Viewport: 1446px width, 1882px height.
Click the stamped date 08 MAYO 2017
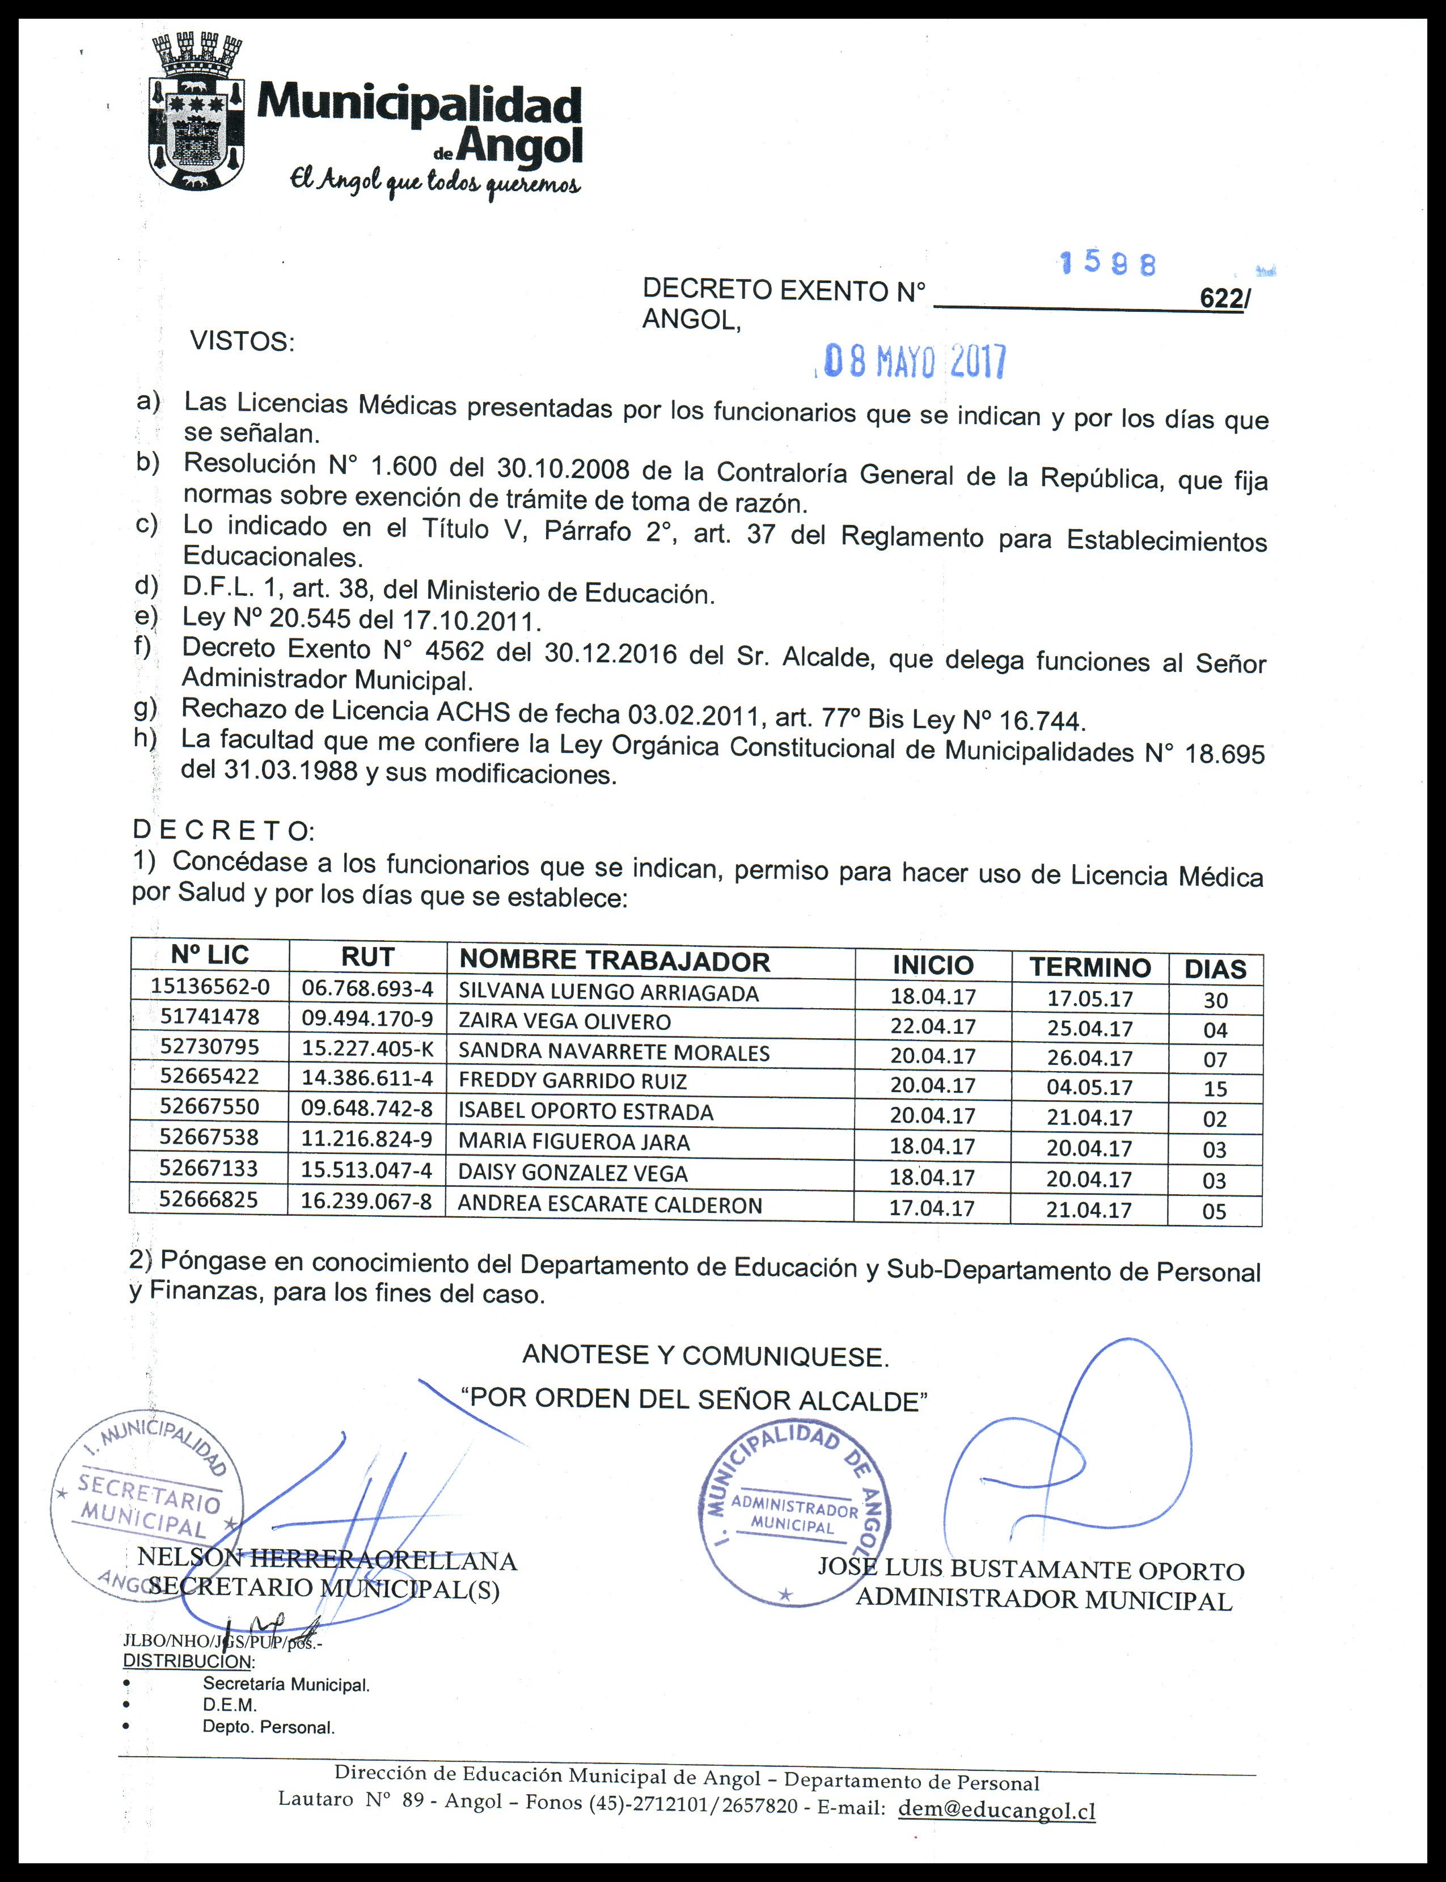pos(915,362)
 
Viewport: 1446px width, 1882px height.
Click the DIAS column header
pos(1215,970)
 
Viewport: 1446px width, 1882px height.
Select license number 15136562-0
pos(209,986)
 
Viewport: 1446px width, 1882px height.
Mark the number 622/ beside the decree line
pos(1221,299)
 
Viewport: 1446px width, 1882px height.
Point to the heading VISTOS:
pos(242,341)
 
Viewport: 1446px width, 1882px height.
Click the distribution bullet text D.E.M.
pos(230,1705)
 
